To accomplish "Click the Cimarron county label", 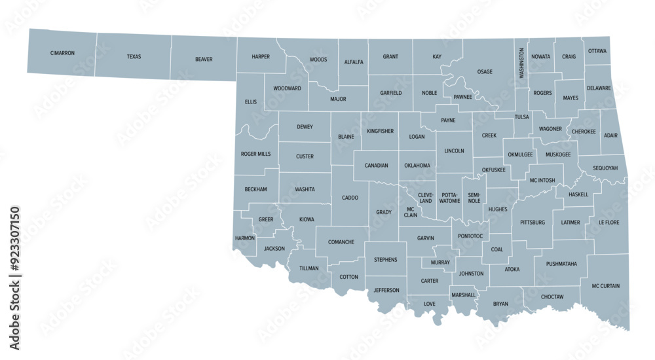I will pyautogui.click(x=62, y=53).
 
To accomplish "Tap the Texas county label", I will pyautogui.click(x=134, y=57).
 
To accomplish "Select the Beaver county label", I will pyautogui.click(x=204, y=60).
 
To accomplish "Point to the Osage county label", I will pyautogui.click(x=485, y=72).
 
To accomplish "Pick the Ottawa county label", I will pyautogui.click(x=597, y=51).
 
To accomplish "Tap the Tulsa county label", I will pyautogui.click(x=521, y=117).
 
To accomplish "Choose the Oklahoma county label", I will pyautogui.click(x=417, y=166).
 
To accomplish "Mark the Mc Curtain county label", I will pyautogui.click(x=605, y=286).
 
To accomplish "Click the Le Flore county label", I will pyautogui.click(x=608, y=223).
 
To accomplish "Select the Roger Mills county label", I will pyautogui.click(x=255, y=154).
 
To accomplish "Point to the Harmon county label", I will pyautogui.click(x=244, y=238).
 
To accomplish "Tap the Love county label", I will pyautogui.click(x=429, y=304).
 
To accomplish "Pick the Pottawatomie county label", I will pyautogui.click(x=449, y=198).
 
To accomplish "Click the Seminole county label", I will pyautogui.click(x=474, y=198).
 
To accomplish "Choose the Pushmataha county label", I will pyautogui.click(x=561, y=264).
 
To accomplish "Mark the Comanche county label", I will pyautogui.click(x=341, y=242).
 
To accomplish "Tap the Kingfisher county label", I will pyautogui.click(x=380, y=131).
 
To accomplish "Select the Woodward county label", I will pyautogui.click(x=287, y=88).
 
